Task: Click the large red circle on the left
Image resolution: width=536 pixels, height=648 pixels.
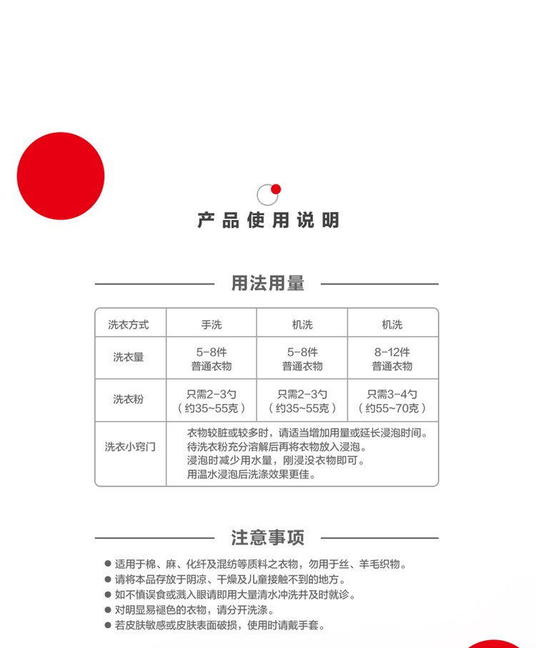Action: click(x=61, y=176)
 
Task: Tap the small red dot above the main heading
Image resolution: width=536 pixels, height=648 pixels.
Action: click(x=276, y=189)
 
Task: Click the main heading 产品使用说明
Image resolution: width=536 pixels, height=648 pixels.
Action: click(x=268, y=220)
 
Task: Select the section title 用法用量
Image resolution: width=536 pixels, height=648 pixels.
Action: click(x=267, y=283)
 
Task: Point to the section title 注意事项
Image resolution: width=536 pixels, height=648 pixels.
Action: click(x=267, y=537)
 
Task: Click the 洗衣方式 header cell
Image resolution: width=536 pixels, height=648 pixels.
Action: click(x=129, y=324)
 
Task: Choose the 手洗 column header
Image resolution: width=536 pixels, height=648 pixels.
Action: click(x=212, y=324)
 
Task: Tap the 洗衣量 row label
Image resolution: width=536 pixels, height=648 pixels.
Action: click(x=129, y=357)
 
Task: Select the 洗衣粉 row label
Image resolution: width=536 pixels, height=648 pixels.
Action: click(x=129, y=399)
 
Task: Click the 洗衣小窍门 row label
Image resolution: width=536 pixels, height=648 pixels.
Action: click(x=130, y=447)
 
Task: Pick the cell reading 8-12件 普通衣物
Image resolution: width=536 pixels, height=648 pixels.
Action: click(x=392, y=359)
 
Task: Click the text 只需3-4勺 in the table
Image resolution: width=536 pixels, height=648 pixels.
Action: click(x=392, y=394)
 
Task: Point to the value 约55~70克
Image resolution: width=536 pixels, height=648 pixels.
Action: click(x=392, y=409)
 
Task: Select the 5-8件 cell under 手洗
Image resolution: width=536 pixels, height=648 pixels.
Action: click(x=212, y=359)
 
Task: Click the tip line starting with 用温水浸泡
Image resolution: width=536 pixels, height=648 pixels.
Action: click(x=252, y=474)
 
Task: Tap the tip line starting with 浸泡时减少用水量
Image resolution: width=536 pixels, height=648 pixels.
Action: click(x=276, y=460)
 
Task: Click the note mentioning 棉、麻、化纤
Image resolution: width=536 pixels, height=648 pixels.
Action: click(x=261, y=564)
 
